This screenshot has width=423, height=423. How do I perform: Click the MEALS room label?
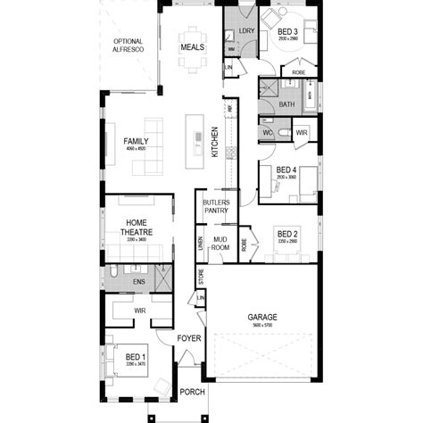(192, 46)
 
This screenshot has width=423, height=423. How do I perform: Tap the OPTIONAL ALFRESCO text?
(129, 46)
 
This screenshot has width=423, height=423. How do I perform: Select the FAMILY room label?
(136, 141)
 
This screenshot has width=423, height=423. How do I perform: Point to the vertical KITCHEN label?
(214, 142)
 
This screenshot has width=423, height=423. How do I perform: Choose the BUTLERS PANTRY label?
(216, 207)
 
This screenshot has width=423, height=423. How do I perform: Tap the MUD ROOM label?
(220, 245)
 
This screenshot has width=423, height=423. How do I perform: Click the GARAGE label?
(262, 317)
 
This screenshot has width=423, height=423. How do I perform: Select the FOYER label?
(188, 339)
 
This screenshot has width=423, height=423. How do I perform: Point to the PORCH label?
(192, 392)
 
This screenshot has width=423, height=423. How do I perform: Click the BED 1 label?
(136, 356)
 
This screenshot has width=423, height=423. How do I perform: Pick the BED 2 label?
(287, 236)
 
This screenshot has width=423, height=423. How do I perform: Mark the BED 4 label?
(286, 170)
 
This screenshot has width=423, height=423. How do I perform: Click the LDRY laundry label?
(247, 31)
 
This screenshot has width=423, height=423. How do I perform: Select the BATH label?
(286, 104)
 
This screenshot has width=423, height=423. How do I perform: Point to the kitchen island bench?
(193, 141)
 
